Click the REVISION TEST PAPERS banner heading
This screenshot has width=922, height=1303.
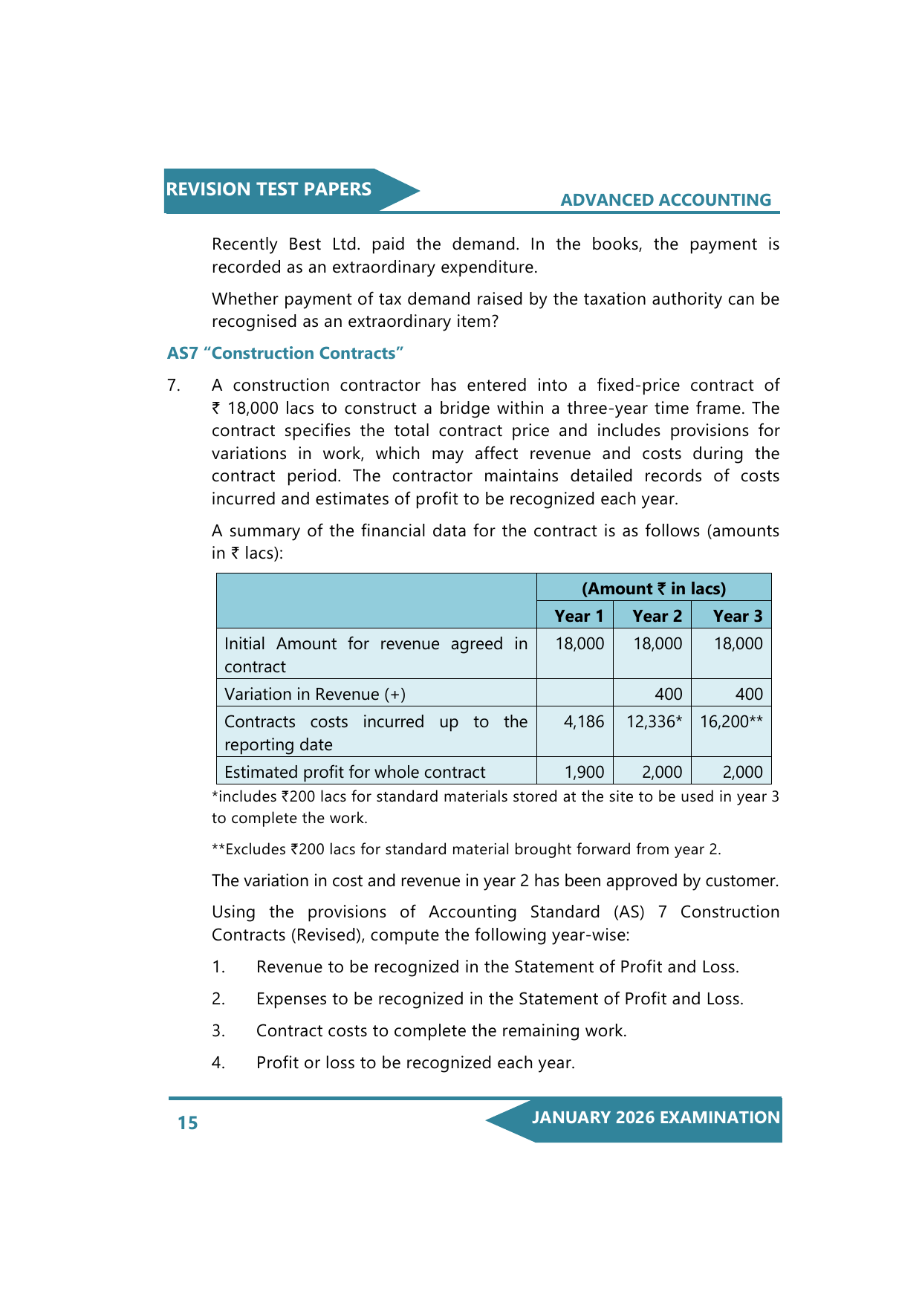268,189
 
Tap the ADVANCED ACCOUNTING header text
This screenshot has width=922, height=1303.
666,200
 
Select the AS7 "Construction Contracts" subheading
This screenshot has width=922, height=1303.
285,354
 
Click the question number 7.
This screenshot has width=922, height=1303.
173,386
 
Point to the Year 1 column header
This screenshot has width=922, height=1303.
579,616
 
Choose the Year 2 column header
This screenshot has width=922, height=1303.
657,616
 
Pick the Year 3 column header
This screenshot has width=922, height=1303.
737,616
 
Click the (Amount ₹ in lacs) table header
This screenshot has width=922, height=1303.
654,588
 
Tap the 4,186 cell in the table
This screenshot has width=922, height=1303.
584,722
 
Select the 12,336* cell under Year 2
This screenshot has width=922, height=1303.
654,722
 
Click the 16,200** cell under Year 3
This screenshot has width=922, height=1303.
731,722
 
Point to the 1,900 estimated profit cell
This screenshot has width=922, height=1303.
584,773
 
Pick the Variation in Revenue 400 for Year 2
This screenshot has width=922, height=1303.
668,694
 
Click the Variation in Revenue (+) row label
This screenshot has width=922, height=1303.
315,694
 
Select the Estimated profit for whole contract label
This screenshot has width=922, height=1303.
354,773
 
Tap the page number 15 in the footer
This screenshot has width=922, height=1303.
187,1122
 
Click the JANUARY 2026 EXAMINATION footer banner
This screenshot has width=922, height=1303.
655,1118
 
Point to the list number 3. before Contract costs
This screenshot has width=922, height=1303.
218,1031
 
